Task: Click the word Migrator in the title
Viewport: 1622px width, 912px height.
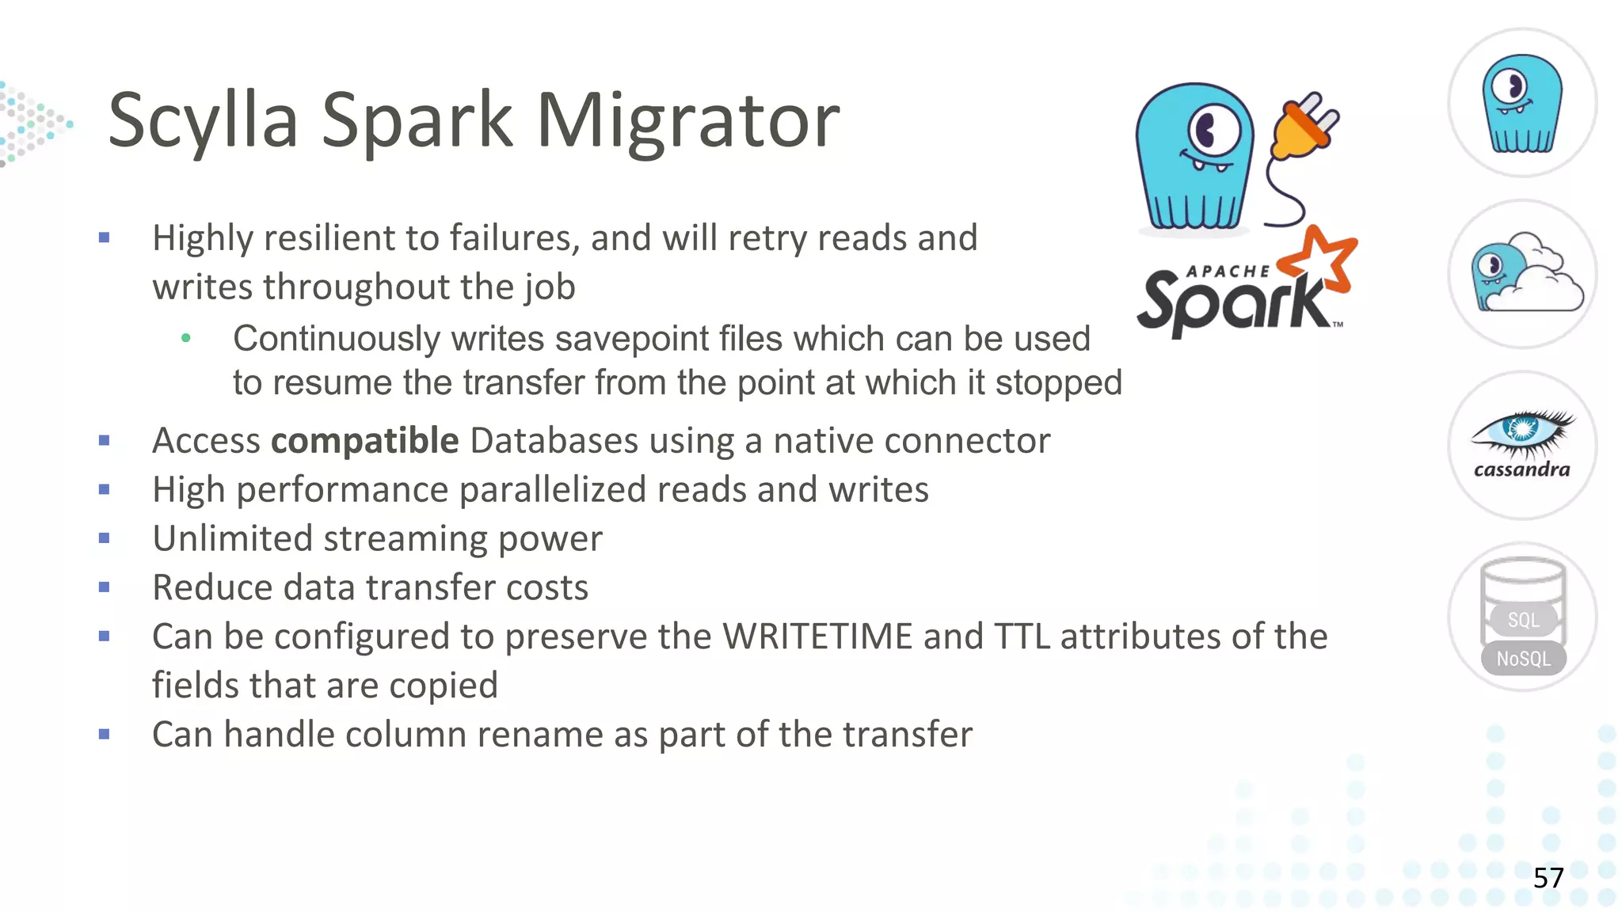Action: (687, 120)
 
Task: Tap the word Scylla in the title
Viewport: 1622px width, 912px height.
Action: (203, 120)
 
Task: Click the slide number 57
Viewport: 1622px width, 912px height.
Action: (1548, 878)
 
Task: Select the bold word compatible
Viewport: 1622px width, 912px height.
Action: (364, 441)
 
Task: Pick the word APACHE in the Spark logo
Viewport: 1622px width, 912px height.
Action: (1228, 272)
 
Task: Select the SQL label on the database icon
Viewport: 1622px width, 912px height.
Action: (1523, 620)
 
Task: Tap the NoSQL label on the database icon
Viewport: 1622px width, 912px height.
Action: (1523, 659)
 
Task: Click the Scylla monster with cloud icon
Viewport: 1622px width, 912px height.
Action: (1522, 274)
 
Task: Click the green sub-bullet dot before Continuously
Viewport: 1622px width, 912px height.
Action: (186, 338)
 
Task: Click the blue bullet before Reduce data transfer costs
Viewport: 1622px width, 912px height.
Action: (104, 587)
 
